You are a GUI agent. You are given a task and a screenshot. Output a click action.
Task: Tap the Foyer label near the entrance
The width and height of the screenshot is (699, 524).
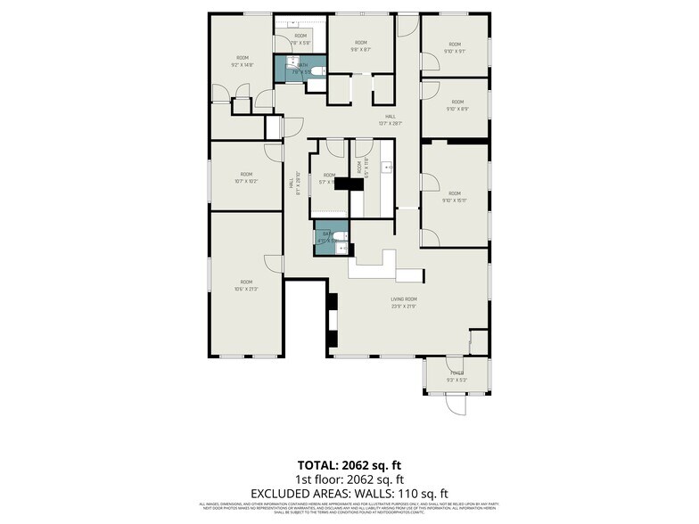456,376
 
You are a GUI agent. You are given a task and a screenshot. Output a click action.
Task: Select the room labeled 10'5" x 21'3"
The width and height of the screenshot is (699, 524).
245,285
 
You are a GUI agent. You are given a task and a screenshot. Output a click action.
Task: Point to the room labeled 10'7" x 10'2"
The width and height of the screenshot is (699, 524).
245,177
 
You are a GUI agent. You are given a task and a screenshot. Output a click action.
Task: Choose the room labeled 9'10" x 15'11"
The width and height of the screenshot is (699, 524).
454,197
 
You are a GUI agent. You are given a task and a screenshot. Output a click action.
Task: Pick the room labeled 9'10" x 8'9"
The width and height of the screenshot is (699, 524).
456,106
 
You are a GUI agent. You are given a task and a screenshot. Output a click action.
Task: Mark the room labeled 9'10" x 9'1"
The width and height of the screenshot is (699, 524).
455,48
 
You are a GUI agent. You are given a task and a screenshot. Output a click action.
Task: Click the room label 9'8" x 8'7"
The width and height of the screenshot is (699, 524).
360,46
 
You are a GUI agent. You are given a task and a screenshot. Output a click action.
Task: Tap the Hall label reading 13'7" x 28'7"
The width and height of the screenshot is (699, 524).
390,119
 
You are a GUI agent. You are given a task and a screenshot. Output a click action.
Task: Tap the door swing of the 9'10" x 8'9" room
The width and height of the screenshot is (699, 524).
430,92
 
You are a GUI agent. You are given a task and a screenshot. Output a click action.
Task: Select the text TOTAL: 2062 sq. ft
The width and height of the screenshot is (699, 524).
349,465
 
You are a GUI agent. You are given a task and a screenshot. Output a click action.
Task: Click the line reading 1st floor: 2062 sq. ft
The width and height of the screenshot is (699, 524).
349,479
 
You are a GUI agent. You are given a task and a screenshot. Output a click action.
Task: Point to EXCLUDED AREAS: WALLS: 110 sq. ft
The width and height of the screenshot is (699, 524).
349,493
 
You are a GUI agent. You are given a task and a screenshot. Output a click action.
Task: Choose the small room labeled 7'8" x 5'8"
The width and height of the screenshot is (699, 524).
300,38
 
